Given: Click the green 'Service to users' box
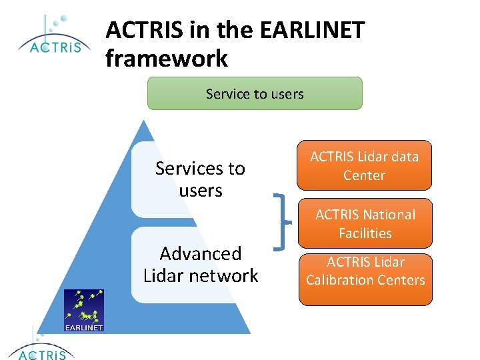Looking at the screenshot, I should click(255, 93).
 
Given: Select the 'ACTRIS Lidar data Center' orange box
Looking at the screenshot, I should click(364, 165).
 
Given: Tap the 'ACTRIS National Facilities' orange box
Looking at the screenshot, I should click(365, 223).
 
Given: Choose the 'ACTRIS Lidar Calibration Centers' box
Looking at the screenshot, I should click(365, 279).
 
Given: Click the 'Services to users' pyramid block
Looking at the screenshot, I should click(200, 179).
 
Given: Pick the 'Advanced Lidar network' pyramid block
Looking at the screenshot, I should click(200, 265).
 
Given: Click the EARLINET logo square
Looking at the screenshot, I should click(84, 310).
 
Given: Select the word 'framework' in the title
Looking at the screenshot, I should click(167, 59).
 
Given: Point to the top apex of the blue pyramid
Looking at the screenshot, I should click(141, 121).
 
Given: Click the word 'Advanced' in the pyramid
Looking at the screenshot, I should click(201, 253).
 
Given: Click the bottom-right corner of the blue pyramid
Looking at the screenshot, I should click(250, 333).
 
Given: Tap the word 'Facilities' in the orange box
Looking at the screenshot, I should click(365, 233).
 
